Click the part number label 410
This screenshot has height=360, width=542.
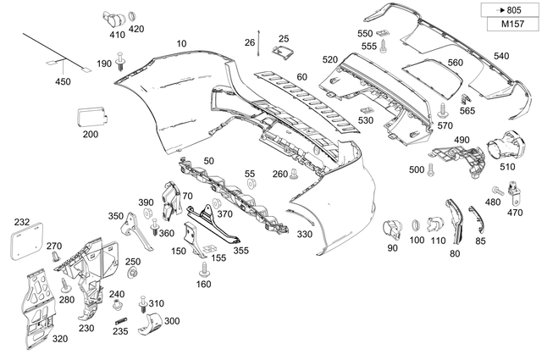tap(117, 36)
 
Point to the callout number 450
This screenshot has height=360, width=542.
tap(64, 81)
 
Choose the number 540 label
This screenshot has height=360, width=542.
tap(501, 56)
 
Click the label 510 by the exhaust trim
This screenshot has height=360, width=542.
tap(507, 167)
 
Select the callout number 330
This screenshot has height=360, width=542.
tap(304, 234)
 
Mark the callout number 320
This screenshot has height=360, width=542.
tap(59, 338)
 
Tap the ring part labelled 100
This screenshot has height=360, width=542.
tap(416, 225)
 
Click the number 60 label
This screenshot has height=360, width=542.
tap(301, 77)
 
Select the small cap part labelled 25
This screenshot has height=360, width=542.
tap(281, 53)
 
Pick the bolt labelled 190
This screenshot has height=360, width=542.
tap(123, 61)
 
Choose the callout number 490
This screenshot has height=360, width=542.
tap(462, 140)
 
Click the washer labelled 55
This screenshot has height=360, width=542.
tap(250, 186)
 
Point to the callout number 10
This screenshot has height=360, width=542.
tap(181, 43)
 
